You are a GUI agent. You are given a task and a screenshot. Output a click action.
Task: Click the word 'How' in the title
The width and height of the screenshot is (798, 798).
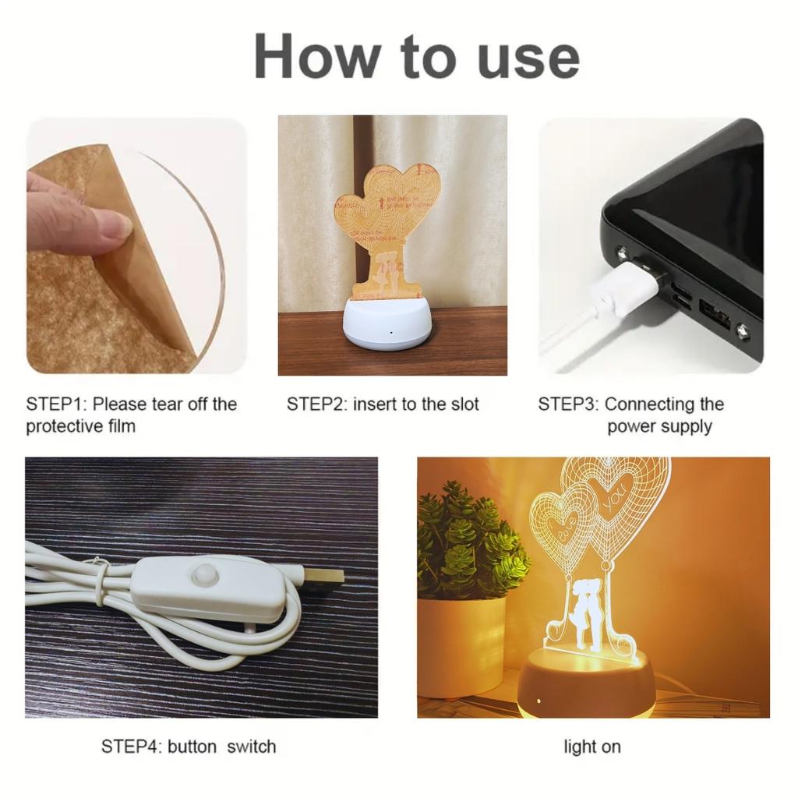pyautogui.click(x=318, y=56)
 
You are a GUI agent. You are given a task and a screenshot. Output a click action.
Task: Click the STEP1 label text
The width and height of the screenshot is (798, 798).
pyautogui.click(x=131, y=415)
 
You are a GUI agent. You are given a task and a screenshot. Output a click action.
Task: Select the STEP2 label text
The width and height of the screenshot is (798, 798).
pyautogui.click(x=383, y=404)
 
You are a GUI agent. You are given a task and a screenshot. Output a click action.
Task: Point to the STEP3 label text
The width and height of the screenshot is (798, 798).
pyautogui.click(x=631, y=415)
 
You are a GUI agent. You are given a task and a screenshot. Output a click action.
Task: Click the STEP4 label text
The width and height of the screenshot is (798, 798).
pyautogui.click(x=189, y=747)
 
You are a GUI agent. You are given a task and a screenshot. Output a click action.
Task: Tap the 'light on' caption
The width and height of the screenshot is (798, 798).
pyautogui.click(x=592, y=747)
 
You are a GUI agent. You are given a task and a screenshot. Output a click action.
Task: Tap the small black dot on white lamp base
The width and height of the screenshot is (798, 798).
pyautogui.click(x=391, y=333)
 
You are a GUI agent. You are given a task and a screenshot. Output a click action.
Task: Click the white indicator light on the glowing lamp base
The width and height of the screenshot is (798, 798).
pyautogui.click(x=538, y=701)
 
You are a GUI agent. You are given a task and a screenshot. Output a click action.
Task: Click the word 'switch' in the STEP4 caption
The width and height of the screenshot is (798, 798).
pyautogui.click(x=252, y=747)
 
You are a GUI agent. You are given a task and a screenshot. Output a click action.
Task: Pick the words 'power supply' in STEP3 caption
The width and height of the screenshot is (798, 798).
pyautogui.click(x=659, y=426)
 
